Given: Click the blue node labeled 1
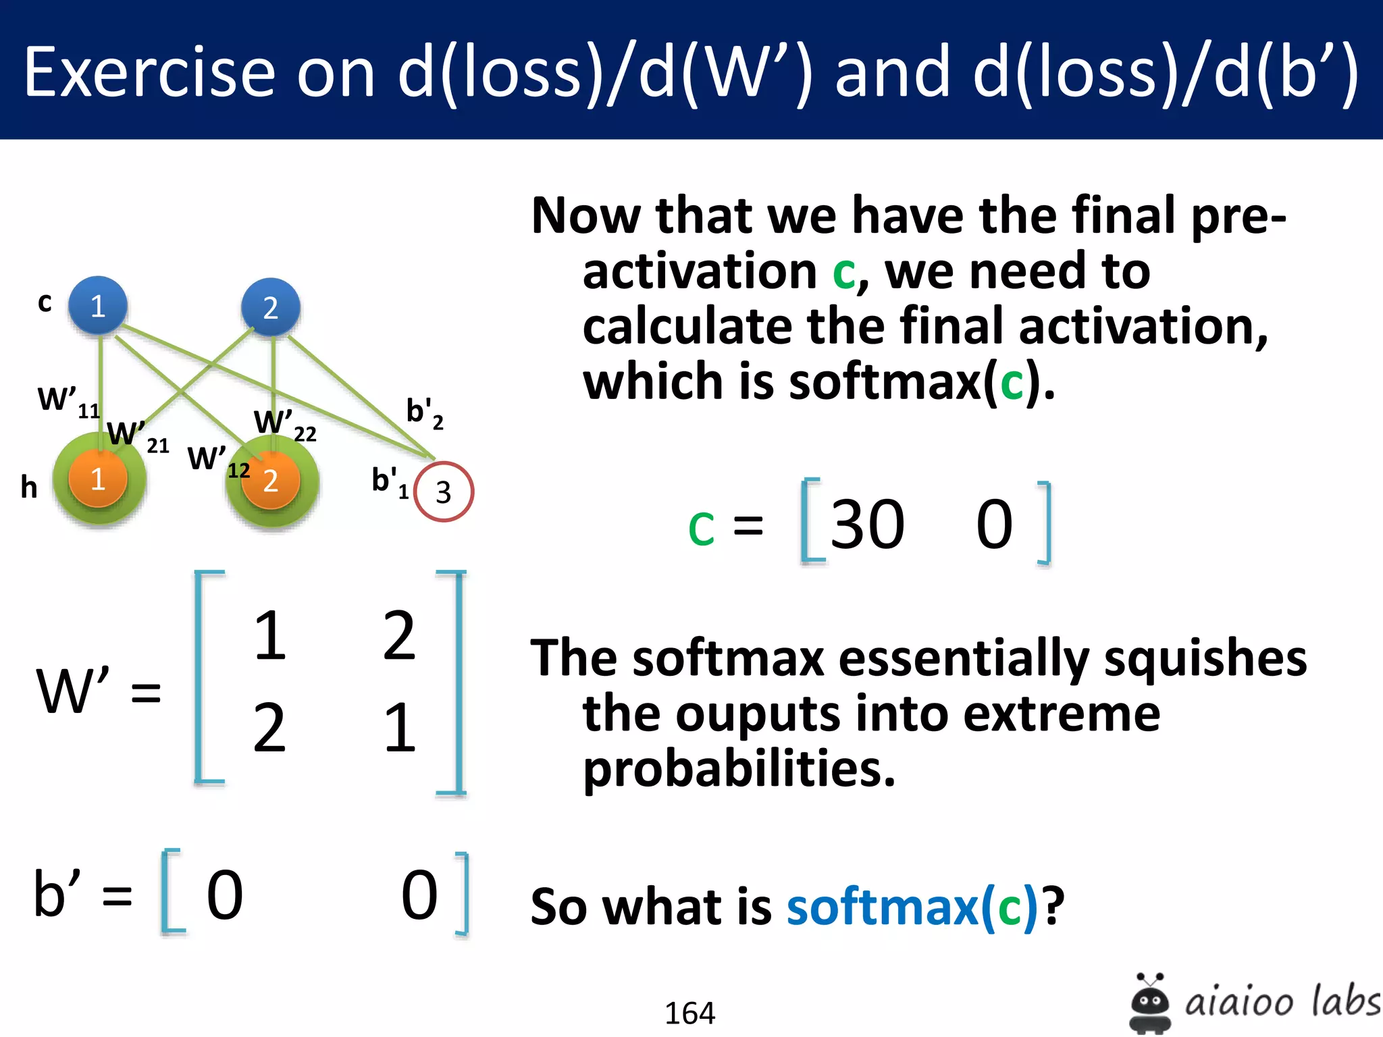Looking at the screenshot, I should (98, 306).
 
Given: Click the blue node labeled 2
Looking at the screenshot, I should (271, 307).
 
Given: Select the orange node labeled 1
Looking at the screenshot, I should (98, 479).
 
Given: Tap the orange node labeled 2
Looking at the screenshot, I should (271, 481).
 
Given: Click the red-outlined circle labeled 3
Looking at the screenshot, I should (443, 491).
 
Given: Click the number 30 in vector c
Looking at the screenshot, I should (867, 525).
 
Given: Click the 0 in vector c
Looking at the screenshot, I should (994, 525).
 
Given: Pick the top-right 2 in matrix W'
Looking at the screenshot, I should (399, 635).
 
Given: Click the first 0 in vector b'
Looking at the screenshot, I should (224, 895).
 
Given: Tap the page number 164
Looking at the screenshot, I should (689, 1013).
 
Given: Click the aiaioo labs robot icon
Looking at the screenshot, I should (1149, 1003).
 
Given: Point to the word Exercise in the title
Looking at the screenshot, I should (149, 72).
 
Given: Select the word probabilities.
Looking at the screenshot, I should (739, 770).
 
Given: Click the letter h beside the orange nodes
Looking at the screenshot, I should (28, 487).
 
